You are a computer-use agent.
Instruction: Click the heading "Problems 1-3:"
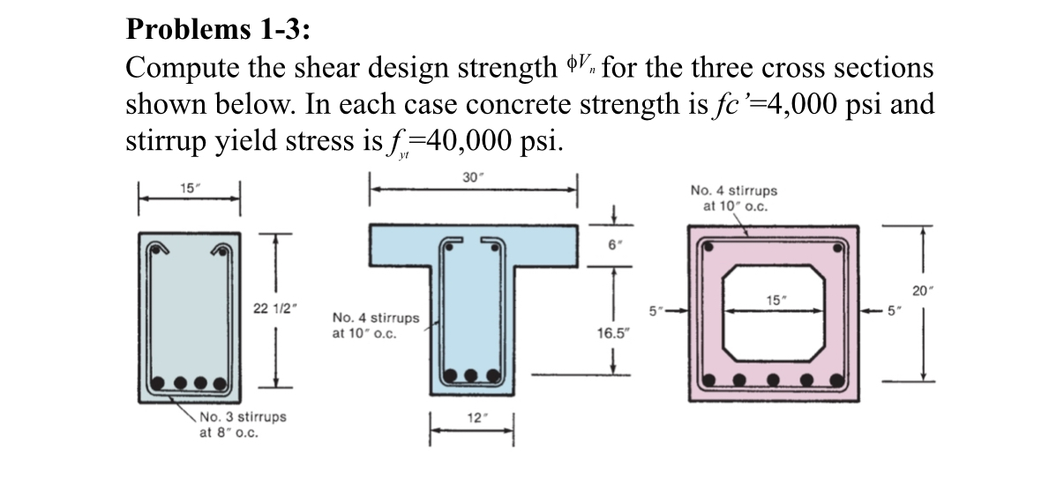[218, 30]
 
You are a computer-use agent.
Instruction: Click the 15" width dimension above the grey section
[187, 188]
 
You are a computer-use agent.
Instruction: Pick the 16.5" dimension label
[614, 334]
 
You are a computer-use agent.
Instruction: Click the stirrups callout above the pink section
[734, 198]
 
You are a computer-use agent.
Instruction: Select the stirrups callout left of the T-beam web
[376, 325]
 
